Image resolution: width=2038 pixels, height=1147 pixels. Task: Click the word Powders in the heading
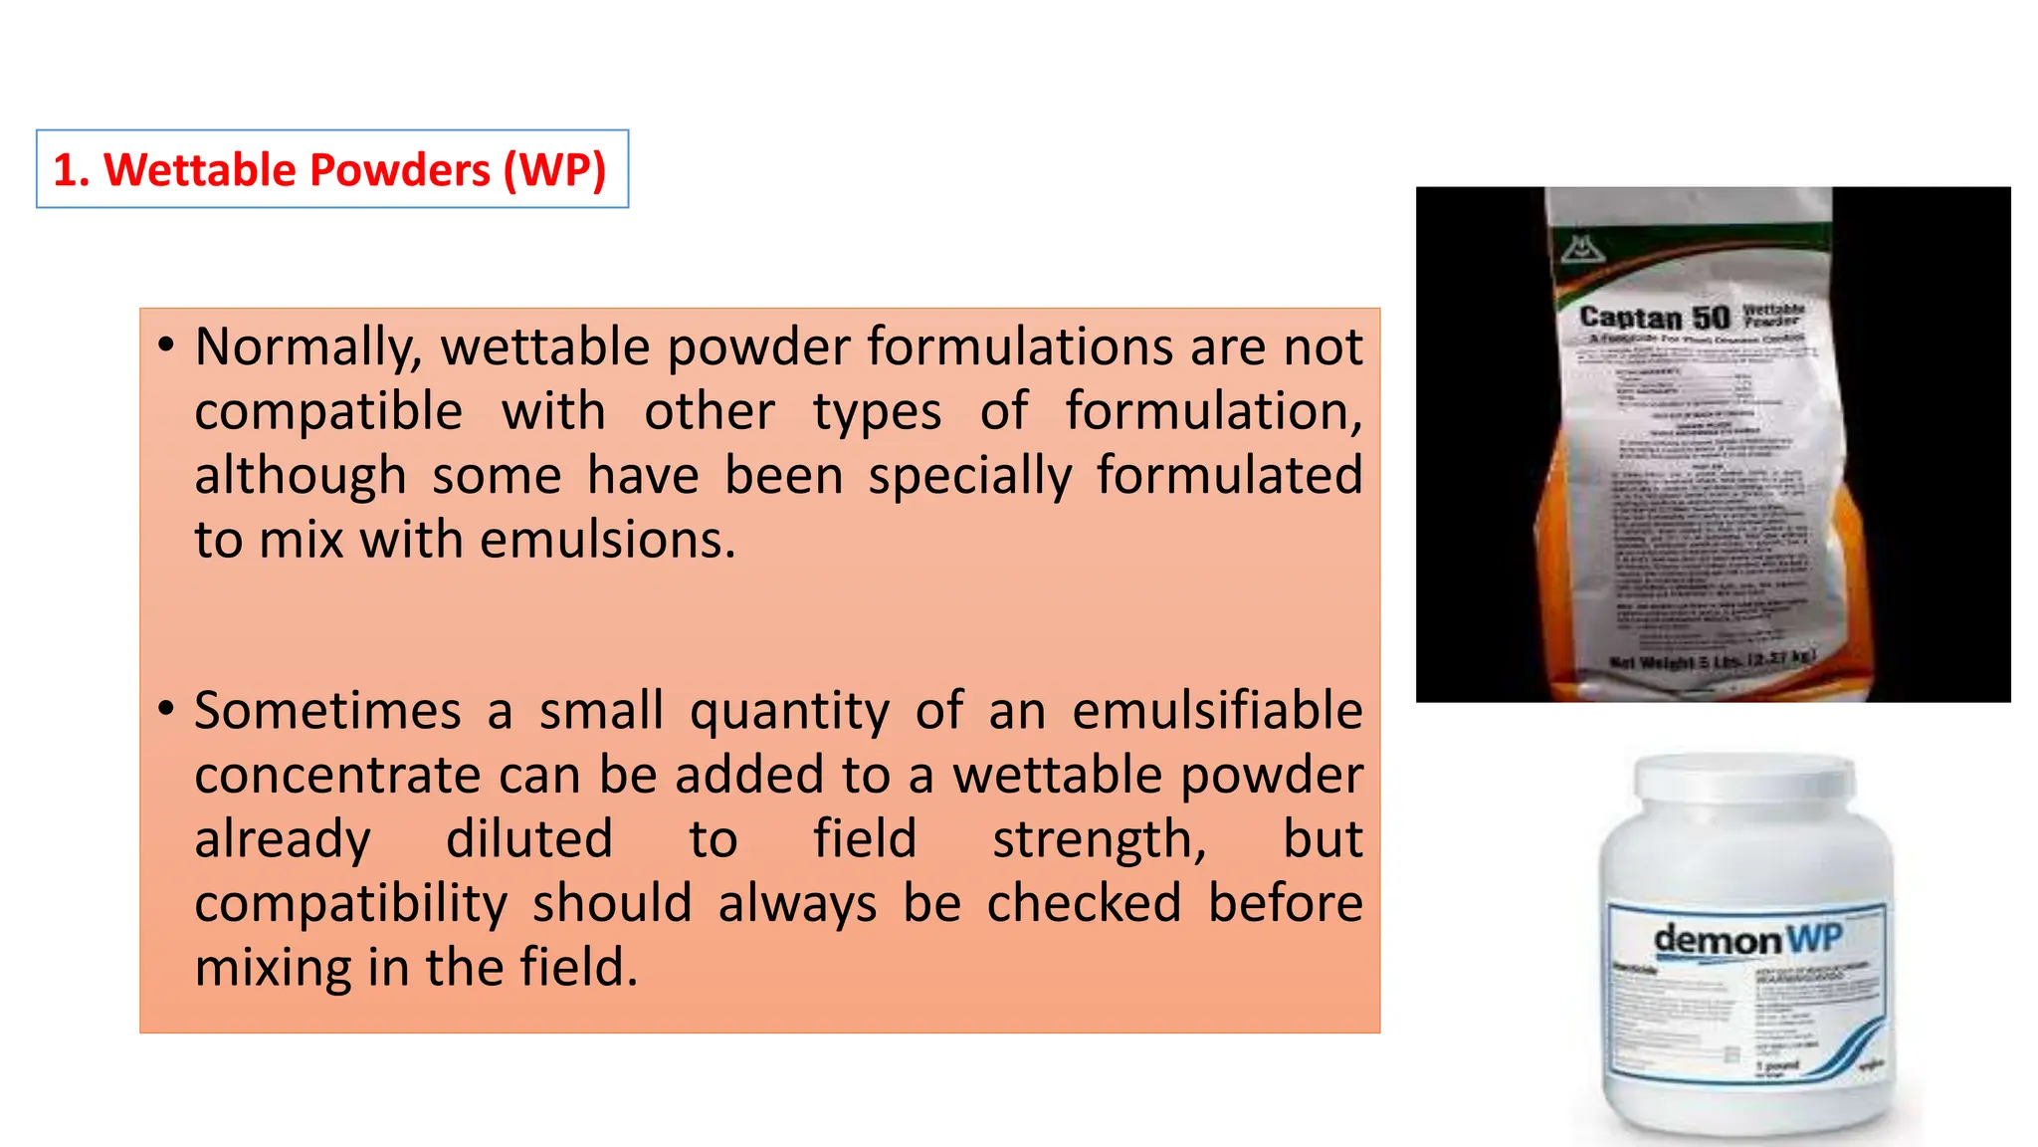click(299, 170)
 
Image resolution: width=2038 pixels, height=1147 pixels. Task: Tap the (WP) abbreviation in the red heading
click(554, 170)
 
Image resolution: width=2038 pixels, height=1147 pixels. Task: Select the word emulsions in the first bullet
click(607, 541)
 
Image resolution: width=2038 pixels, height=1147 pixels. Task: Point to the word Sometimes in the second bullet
click(327, 712)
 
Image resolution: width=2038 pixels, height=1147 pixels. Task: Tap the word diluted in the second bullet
click(528, 839)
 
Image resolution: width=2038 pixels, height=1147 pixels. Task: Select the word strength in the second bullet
click(1099, 839)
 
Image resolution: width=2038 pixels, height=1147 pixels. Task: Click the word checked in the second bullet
click(1084, 904)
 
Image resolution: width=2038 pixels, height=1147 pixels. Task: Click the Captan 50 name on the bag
click(1655, 318)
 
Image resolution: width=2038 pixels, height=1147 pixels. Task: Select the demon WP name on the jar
click(1746, 939)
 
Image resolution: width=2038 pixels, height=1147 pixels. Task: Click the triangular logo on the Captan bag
click(1581, 249)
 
